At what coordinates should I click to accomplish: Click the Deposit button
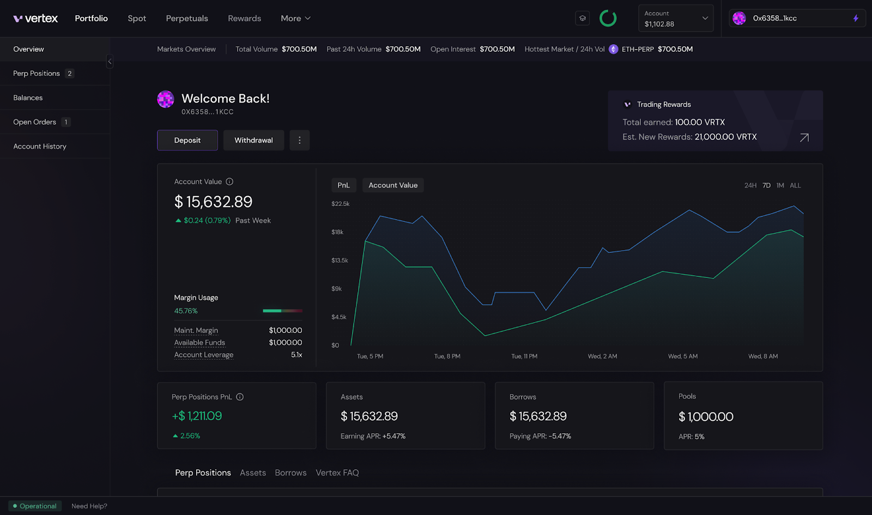pyautogui.click(x=187, y=140)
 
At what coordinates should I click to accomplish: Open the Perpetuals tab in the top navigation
pyautogui.click(x=187, y=19)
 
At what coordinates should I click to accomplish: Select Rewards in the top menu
pyautogui.click(x=244, y=19)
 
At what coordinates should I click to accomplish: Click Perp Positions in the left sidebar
pyautogui.click(x=37, y=74)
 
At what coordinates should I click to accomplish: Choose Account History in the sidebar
pyautogui.click(x=40, y=147)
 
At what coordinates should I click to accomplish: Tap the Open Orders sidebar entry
pyautogui.click(x=35, y=122)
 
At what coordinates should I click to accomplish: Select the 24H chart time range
pyautogui.click(x=750, y=186)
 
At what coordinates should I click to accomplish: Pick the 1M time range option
pyautogui.click(x=780, y=186)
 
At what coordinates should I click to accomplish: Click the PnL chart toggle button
pyautogui.click(x=343, y=185)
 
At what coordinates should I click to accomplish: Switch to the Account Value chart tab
pyautogui.click(x=393, y=185)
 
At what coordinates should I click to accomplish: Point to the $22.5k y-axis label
pyautogui.click(x=340, y=204)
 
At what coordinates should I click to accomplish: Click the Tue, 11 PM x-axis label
pyautogui.click(x=524, y=356)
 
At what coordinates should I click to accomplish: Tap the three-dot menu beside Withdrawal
pyautogui.click(x=299, y=140)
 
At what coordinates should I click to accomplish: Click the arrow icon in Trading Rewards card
pyautogui.click(x=804, y=138)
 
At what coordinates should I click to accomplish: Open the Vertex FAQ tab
pyautogui.click(x=337, y=473)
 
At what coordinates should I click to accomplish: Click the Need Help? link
pyautogui.click(x=89, y=506)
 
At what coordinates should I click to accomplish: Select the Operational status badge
pyautogui.click(x=35, y=506)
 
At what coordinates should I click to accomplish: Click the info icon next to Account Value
pyautogui.click(x=229, y=182)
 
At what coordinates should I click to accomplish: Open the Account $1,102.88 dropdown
pyautogui.click(x=676, y=19)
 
